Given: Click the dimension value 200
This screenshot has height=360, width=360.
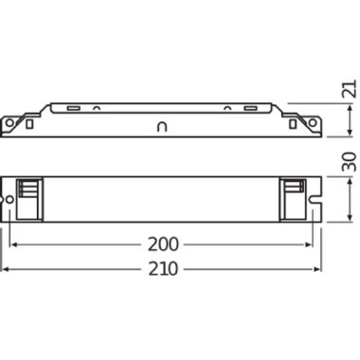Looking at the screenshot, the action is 163,244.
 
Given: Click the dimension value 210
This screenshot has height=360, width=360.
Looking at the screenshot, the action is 163,269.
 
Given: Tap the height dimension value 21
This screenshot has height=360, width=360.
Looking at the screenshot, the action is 350,89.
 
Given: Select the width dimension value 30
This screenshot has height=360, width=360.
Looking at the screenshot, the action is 350,162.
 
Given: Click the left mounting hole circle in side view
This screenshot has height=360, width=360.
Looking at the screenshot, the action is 9,122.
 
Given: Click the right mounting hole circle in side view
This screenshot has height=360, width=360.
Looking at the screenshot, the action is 313,122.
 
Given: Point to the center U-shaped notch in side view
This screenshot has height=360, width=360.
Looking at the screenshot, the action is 162,126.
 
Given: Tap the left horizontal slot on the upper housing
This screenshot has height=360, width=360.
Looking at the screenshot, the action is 73,108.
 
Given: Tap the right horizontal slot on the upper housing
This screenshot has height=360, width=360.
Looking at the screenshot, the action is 250,108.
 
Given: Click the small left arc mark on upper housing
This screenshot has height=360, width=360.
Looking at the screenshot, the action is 97,108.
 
